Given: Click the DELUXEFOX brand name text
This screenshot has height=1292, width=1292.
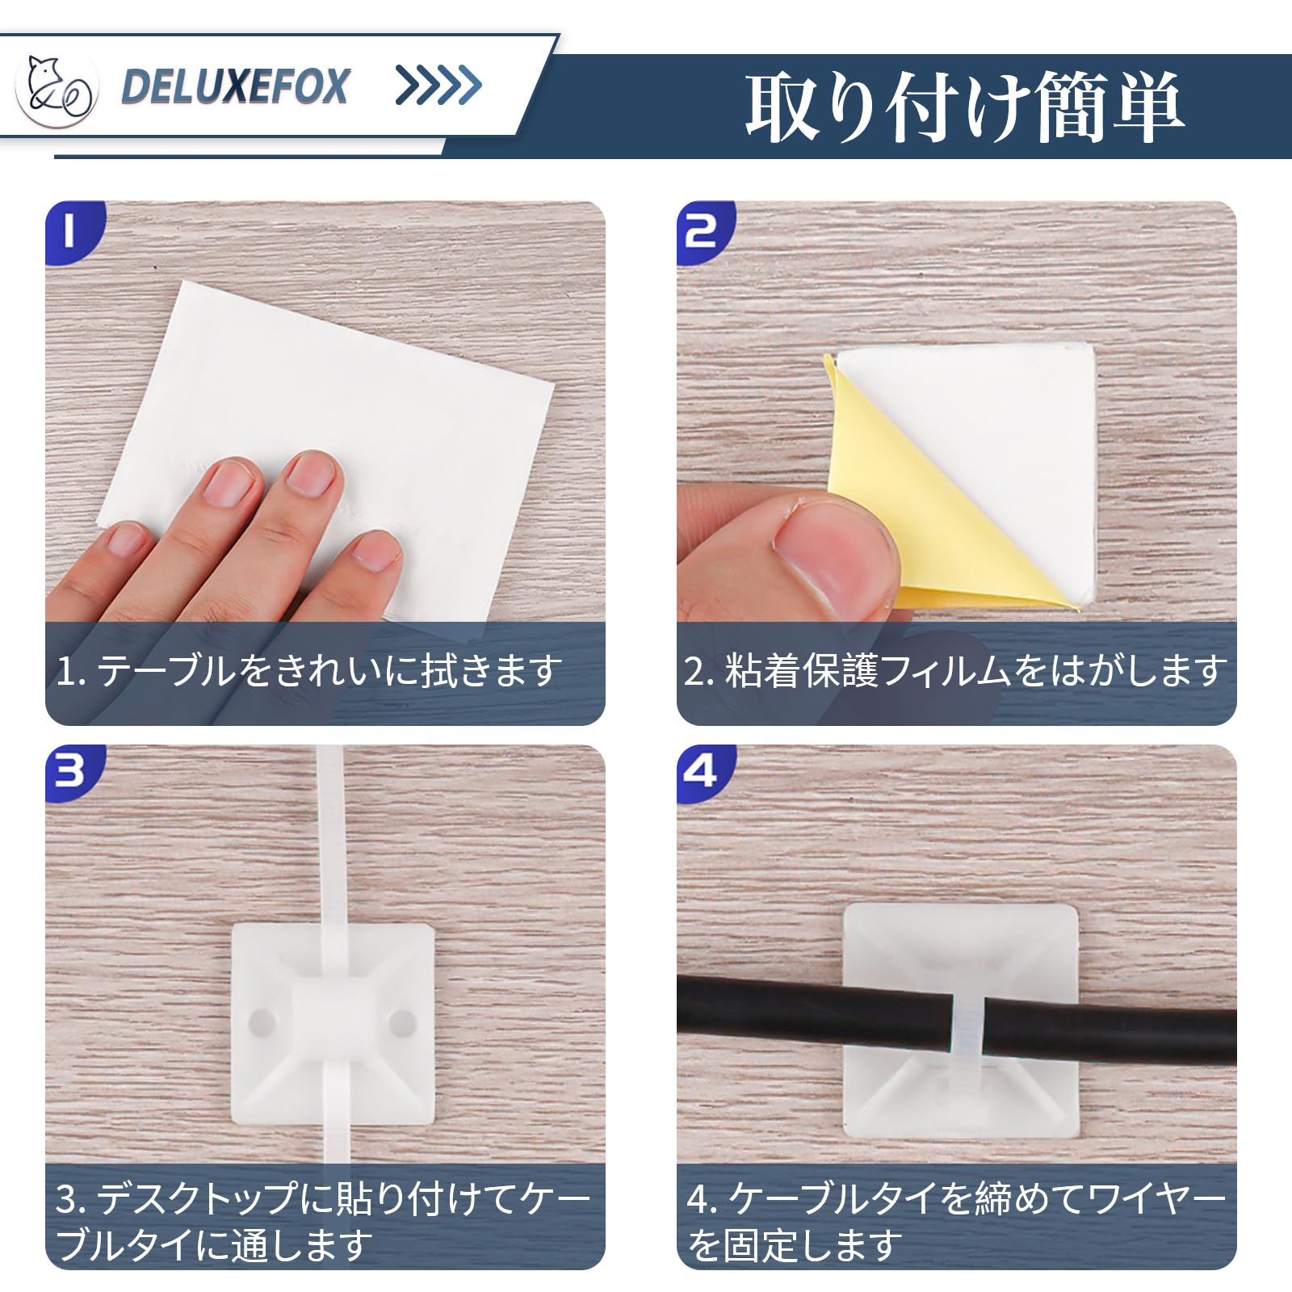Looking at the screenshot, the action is tap(235, 86).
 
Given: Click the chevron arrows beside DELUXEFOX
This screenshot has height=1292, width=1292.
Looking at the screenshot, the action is tap(438, 85).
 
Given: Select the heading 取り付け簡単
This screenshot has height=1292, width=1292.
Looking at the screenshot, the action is tap(964, 107).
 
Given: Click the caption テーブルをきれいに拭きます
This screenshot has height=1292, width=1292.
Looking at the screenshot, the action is tap(329, 670).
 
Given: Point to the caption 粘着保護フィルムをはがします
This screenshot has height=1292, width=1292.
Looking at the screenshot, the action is tap(976, 670).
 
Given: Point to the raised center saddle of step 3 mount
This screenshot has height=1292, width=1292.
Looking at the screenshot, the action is tap(333, 1021).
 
